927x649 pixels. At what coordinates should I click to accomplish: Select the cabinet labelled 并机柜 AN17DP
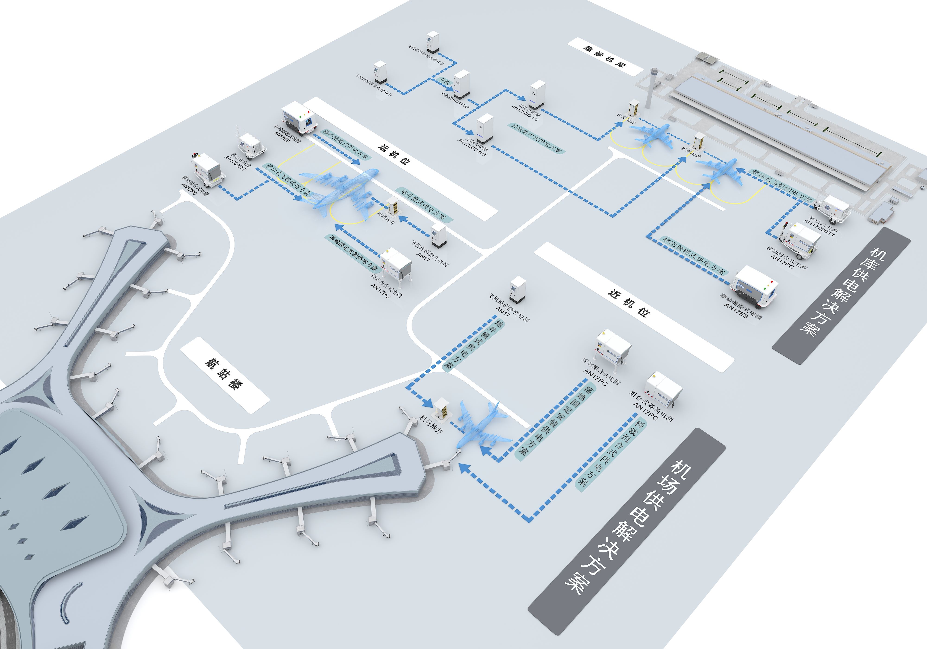pyautogui.click(x=461, y=86)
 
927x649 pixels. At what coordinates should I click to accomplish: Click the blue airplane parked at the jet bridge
pyautogui.click(x=483, y=428)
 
